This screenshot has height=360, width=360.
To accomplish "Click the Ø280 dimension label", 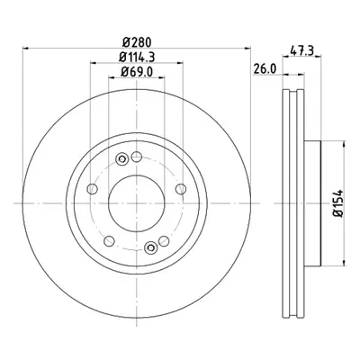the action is [x=137, y=42].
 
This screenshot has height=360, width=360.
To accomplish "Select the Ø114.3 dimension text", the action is [x=137, y=57].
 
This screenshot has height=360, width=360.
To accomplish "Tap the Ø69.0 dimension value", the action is [x=137, y=72].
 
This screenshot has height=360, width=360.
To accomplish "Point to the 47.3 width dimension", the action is [x=301, y=49].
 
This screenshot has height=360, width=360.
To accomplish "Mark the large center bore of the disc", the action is [x=137, y=203].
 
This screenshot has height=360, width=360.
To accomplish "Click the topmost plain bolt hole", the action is [x=137, y=157].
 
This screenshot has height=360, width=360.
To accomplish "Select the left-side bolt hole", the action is [x=92, y=189].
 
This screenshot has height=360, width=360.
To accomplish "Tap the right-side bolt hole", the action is [x=181, y=189].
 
